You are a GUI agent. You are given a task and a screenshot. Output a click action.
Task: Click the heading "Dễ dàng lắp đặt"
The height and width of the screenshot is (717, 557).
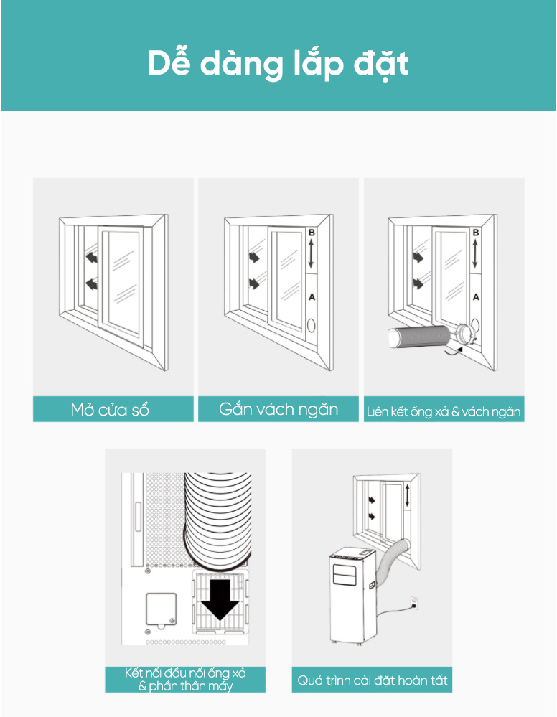click(278, 64)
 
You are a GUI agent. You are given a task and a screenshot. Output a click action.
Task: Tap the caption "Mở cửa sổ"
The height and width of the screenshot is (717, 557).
click(111, 410)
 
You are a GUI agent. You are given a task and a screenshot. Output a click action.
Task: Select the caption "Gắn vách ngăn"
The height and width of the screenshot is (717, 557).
click(278, 409)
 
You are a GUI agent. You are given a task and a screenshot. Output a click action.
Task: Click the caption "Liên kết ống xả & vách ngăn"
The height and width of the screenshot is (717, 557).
click(444, 412)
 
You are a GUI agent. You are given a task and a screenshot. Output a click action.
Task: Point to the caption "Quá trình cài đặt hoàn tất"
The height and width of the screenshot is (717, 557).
click(373, 680)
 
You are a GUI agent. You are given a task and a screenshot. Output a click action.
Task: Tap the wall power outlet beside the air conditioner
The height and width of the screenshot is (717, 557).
click(414, 603)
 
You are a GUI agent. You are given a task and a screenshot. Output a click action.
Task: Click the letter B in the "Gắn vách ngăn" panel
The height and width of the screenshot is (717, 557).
click(312, 233)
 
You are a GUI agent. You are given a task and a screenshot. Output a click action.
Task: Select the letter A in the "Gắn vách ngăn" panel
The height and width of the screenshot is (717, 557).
click(312, 297)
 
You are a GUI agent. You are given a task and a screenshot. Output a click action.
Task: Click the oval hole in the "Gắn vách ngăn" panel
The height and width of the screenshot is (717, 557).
click(312, 326)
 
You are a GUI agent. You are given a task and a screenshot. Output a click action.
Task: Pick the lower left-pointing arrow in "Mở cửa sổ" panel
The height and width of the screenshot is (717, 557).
click(92, 284)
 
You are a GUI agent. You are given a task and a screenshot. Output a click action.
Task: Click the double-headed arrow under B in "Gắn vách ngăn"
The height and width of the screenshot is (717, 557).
click(311, 254)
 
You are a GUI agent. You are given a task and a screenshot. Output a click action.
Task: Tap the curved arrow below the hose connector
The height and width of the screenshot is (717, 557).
click(454, 351)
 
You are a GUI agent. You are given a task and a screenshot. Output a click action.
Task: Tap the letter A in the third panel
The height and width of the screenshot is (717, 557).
click(476, 297)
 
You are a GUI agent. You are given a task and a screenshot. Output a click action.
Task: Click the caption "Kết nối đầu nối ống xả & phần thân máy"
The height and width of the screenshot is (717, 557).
click(185, 680)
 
